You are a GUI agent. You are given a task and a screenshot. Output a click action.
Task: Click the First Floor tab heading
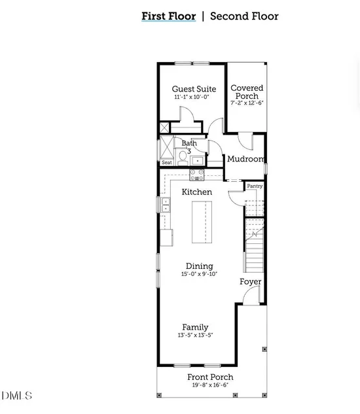[x=169, y=16]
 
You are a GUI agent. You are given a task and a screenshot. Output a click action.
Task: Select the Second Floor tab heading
[x=244, y=16]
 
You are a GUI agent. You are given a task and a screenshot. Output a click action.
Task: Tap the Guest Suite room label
[x=194, y=89]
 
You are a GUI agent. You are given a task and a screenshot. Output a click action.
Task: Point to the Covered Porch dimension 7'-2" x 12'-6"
[x=247, y=103]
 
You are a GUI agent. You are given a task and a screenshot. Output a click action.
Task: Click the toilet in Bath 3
[x=182, y=157]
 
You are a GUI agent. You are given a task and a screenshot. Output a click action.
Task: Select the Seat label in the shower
[x=167, y=162]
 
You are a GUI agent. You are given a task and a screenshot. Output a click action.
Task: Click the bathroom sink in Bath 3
[x=197, y=160]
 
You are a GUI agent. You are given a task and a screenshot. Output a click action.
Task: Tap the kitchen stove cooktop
[x=197, y=175]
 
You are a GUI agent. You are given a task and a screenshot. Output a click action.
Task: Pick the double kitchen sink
[x=166, y=205]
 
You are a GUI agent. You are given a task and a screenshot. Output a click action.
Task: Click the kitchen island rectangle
[x=202, y=222]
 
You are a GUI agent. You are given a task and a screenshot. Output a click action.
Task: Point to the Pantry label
[x=255, y=186]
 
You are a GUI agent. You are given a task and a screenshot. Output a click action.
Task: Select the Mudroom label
[x=246, y=159]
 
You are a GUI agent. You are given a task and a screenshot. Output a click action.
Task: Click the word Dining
[x=199, y=266]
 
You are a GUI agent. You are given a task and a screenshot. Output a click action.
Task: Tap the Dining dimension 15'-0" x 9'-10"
[x=199, y=274]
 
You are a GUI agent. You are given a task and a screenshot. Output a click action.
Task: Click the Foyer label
[x=250, y=282]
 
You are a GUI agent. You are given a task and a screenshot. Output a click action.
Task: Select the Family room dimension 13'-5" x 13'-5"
[x=195, y=335]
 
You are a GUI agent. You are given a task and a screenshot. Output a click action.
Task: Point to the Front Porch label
[x=210, y=377]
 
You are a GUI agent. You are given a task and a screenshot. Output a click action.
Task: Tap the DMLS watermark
[x=16, y=396]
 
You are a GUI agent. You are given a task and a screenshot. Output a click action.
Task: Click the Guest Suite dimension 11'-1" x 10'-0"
[x=192, y=97]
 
